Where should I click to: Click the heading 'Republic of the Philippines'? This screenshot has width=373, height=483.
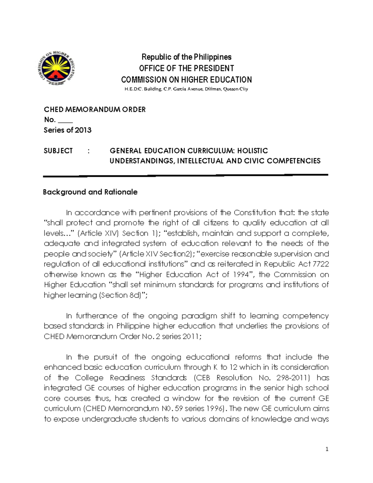[x=186, y=57]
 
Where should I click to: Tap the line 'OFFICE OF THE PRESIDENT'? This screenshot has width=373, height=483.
[x=186, y=68]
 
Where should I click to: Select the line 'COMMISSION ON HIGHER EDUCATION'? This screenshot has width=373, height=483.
[x=186, y=80]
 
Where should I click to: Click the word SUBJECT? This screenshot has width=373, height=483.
[x=58, y=151]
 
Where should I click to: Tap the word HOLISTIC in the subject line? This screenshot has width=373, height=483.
[x=252, y=151]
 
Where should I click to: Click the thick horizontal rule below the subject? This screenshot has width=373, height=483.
[x=186, y=176]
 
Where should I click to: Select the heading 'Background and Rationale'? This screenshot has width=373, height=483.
[x=90, y=192]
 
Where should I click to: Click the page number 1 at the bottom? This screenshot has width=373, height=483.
[x=327, y=449]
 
